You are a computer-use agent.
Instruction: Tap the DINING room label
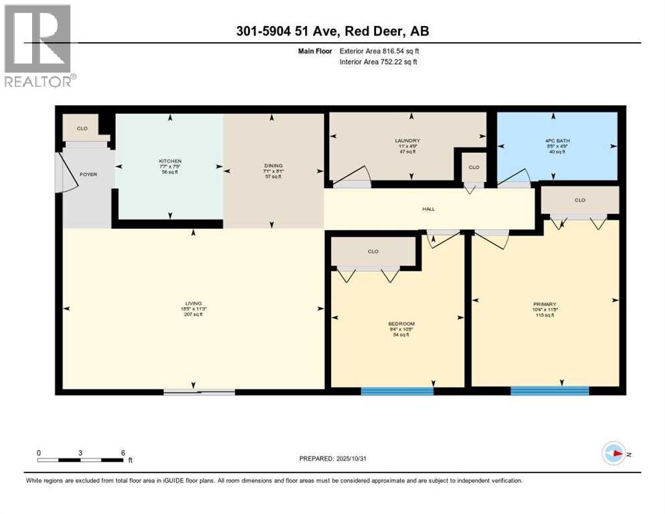coord(273,165)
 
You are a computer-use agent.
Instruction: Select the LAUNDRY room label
coord(407,141)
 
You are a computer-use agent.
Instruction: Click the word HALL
coord(428,209)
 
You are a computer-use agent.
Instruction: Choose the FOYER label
coord(88,175)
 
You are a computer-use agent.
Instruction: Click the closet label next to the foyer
coord(82,127)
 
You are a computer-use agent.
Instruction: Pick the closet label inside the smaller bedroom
coord(373,252)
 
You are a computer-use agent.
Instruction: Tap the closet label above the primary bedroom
coord(579,200)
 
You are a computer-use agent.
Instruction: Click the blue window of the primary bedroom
coord(549,391)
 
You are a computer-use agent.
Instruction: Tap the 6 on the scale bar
coord(122,452)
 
